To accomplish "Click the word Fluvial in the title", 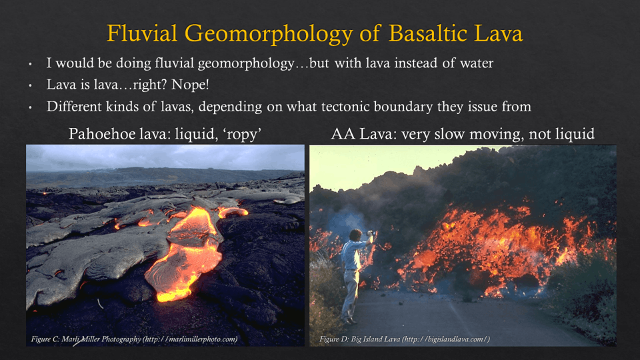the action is pos(142,33).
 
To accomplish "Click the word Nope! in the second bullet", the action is pos(190,85).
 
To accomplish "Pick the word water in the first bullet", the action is pos(476,63).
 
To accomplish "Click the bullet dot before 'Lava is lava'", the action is pos(30,86).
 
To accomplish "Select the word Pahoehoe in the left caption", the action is pos(95,133).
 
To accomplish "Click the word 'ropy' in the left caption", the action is pos(241,134).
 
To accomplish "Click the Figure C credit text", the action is pos(134,339).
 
